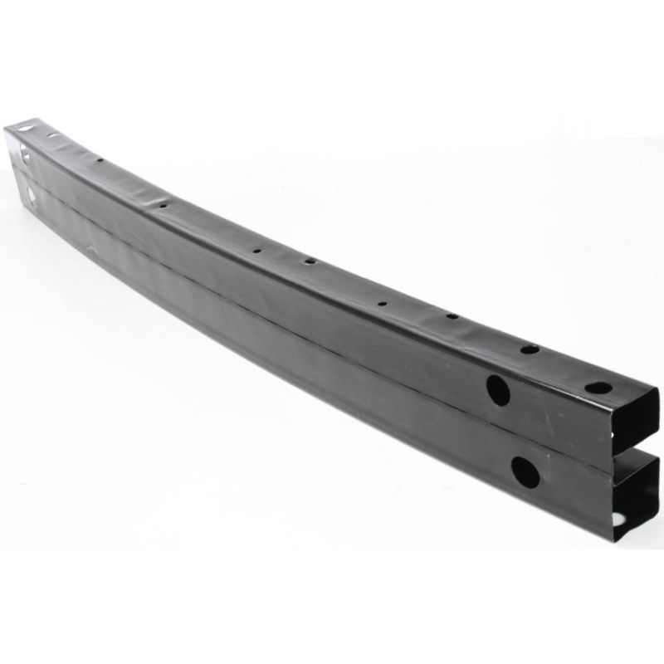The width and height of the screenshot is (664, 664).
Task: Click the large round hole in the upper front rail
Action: click(498, 390)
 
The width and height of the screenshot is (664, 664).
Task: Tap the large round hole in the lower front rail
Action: click(525, 471)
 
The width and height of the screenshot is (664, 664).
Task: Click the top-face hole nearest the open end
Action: click(598, 388)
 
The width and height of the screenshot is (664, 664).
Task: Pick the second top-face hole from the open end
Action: click(529, 349)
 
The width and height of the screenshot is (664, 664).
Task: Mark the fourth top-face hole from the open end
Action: click(382, 304)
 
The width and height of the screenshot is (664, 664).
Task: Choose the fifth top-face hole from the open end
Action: click(309, 261)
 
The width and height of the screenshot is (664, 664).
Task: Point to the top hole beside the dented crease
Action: click(163, 204)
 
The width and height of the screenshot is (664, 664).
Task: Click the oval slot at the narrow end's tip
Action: click(25, 128)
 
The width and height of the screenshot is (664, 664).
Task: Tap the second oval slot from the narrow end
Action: click(51, 134)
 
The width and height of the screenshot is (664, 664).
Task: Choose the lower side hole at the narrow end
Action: click(30, 193)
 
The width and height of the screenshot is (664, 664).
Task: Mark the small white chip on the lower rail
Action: click(92, 251)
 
